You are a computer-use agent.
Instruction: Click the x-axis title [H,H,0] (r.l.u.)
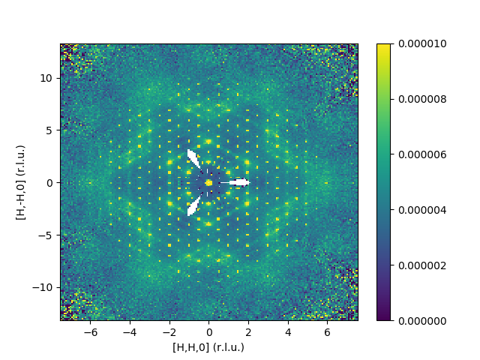point(208,347)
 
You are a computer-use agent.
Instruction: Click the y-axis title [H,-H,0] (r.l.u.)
point(20,182)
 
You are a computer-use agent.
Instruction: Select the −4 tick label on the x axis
point(130,331)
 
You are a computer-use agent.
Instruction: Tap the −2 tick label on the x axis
point(169,331)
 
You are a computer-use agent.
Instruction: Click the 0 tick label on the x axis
point(209,331)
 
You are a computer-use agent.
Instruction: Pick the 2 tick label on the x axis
point(248,331)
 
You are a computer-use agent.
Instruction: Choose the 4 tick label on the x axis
point(287,331)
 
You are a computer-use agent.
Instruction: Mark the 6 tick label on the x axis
point(327,331)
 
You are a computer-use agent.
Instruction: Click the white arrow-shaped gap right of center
point(239,182)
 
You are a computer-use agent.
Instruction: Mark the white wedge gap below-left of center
point(193,205)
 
